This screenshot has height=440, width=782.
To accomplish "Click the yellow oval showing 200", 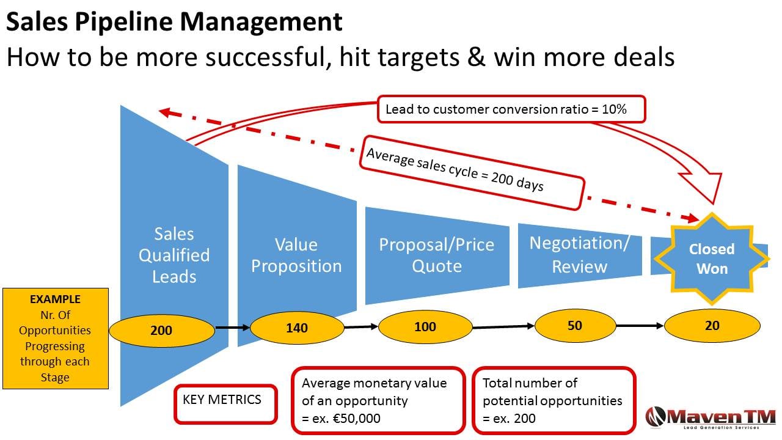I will click(162, 331).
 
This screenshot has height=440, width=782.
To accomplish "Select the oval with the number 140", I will click(297, 328).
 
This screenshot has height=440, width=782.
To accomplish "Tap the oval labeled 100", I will click(425, 326).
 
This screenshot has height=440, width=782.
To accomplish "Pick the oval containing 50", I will click(575, 326).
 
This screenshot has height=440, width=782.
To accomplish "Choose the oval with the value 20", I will click(712, 326).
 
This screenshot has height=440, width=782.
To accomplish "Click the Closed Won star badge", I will click(712, 258).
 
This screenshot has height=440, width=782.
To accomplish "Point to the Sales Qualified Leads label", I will click(174, 255).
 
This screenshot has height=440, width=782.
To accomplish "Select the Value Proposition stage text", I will click(296, 255).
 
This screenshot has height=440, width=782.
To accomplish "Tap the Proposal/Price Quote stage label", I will click(436, 255).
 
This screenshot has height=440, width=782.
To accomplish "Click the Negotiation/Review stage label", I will click(579, 254).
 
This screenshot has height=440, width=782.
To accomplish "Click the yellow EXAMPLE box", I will click(55, 339).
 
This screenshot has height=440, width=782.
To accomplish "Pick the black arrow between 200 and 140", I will click(233, 328).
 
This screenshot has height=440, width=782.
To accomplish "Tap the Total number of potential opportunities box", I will click(554, 400).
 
